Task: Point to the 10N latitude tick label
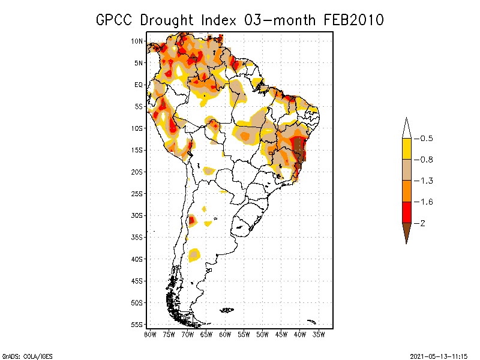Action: tap(137, 41)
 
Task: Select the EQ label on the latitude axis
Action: tap(139, 85)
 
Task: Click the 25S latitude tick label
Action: tap(137, 193)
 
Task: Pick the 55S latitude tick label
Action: tap(137, 324)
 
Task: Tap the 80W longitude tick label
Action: tap(150, 334)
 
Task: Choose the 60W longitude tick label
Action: tap(225, 334)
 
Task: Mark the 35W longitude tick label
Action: tap(319, 334)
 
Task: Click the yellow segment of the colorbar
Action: tap(406, 149)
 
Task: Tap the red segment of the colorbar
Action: tap(406, 212)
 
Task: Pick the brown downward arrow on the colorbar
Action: tap(406, 231)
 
